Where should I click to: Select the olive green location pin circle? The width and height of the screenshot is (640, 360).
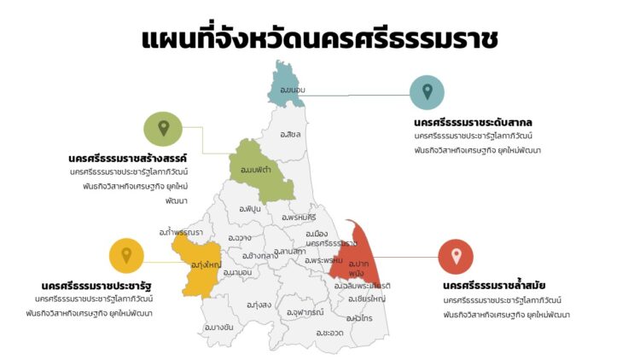click(163, 129)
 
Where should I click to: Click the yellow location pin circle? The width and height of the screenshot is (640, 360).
click(126, 255)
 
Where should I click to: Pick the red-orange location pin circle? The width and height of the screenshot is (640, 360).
click(456, 256)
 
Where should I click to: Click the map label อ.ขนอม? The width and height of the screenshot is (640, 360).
click(292, 89)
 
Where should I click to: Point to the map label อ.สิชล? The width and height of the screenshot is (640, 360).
click(290, 135)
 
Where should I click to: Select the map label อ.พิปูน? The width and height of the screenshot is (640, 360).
click(250, 208)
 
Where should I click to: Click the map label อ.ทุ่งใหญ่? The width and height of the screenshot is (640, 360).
click(207, 264)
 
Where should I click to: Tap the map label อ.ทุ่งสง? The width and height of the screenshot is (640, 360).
click(259, 305)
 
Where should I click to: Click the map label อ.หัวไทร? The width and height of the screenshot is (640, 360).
click(358, 317)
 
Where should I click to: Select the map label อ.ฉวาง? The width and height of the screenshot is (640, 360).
click(240, 238)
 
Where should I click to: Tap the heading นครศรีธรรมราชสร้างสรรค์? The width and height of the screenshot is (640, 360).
click(127, 158)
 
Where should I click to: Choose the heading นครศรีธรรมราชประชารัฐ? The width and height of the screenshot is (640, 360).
click(96, 285)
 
